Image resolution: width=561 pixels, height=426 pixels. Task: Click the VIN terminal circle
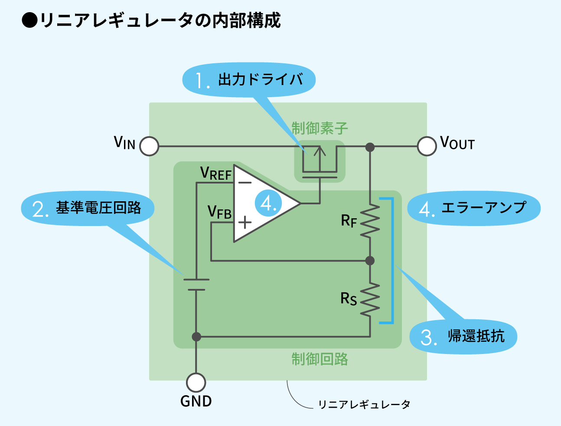pos(150,147)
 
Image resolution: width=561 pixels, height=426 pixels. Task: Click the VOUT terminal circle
pos(427,146)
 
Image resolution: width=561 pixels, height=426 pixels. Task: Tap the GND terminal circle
pos(196,383)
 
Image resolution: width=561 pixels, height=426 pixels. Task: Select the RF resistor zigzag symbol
pos(370,221)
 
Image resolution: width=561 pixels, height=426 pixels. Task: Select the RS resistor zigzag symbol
pos(370,299)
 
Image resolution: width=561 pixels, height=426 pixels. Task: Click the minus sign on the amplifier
pos(245,183)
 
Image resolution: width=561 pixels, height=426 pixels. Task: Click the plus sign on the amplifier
pos(245,223)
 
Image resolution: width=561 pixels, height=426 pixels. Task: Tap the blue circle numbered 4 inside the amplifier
pos(268,203)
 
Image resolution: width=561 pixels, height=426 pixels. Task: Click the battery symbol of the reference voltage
pos(196,285)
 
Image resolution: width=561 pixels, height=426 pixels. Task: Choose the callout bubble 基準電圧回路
pos(88,208)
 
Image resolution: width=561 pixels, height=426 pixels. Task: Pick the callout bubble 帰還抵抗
pos(463,337)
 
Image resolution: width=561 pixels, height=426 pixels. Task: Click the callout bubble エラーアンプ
pos(473,208)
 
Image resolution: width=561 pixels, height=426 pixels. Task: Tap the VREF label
pos(216,174)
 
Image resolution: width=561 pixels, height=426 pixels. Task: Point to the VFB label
pos(219,212)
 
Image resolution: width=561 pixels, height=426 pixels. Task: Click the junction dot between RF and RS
pos(370,261)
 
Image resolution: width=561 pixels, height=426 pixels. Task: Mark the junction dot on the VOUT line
pos(370,147)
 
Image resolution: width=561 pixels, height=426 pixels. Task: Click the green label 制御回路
pos(320,359)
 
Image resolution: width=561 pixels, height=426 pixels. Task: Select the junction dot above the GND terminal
pos(196,337)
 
